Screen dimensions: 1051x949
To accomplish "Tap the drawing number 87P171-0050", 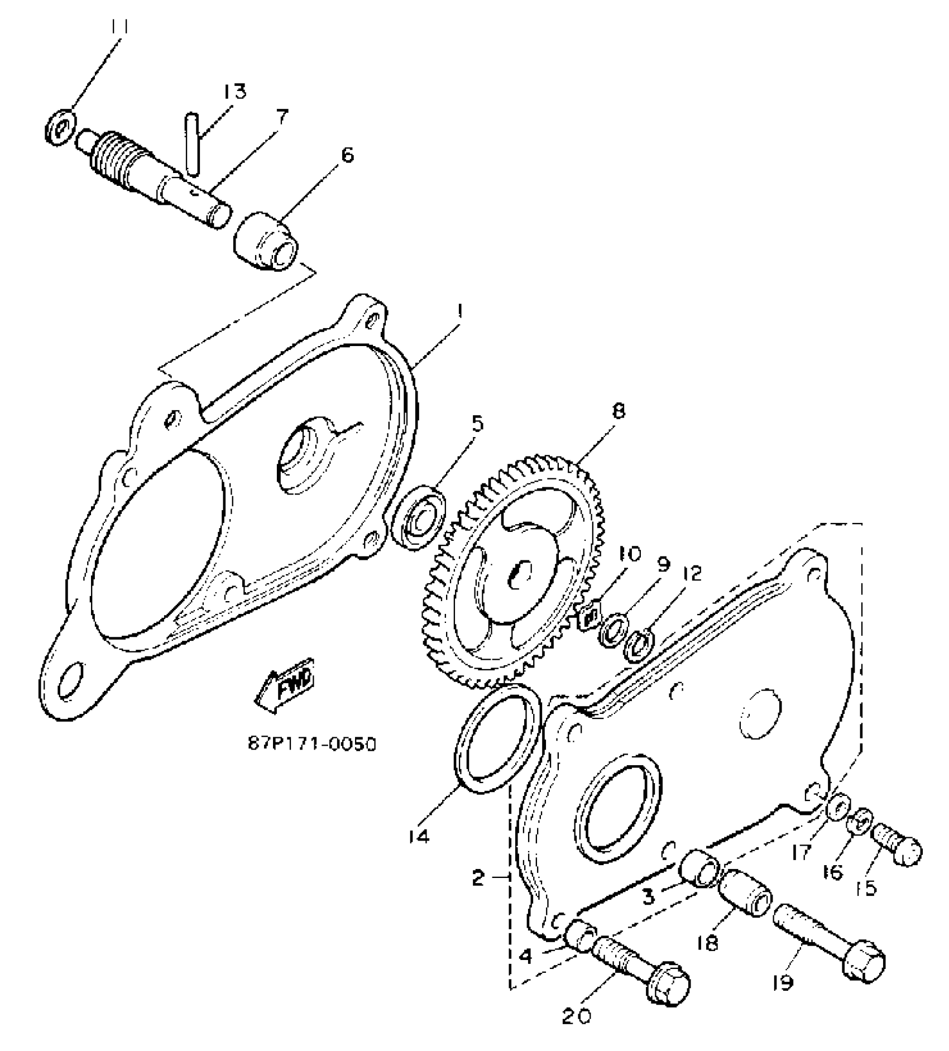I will tap(311, 745).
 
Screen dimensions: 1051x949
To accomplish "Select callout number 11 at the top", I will tap(120, 27).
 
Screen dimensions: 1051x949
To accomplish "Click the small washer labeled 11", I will tap(60, 126).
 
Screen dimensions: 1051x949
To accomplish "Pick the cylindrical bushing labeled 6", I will tap(266, 241).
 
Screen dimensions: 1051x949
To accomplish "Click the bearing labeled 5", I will tap(419, 515).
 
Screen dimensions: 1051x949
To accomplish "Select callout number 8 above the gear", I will tap(618, 411).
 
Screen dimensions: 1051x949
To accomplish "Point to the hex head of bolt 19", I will tap(864, 959).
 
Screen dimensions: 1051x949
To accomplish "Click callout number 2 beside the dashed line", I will tap(478, 878).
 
